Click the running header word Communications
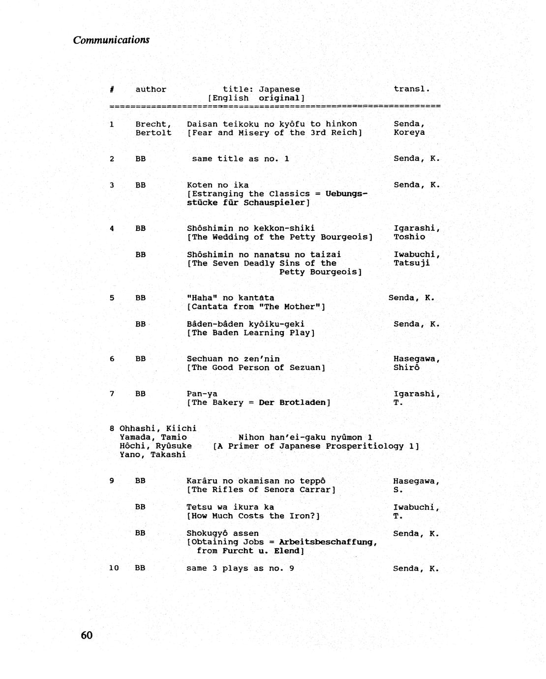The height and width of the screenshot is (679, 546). pyautogui.click(x=111, y=40)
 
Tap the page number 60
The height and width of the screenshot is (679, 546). pyautogui.click(x=87, y=635)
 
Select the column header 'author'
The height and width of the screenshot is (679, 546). pyautogui.click(x=151, y=90)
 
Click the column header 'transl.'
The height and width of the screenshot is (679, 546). pyautogui.click(x=412, y=89)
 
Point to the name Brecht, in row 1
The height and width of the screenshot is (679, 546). pyautogui.click(x=153, y=124)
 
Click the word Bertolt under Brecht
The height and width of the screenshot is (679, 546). pyautogui.click(x=153, y=133)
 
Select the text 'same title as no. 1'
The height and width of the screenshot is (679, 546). pyautogui.click(x=241, y=159)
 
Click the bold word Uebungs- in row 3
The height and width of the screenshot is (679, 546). pyautogui.click(x=347, y=194)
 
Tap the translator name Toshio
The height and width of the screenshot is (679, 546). pyautogui.click(x=409, y=237)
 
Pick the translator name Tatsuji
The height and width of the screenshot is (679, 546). pyautogui.click(x=412, y=263)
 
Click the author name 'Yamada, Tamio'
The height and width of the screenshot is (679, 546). pyautogui.click(x=153, y=437)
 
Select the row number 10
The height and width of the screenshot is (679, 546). pyautogui.click(x=114, y=568)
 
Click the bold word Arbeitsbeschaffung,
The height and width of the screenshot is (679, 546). pyautogui.click(x=328, y=542)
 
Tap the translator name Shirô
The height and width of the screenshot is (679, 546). pyautogui.click(x=406, y=368)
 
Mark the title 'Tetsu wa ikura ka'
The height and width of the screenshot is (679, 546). pyautogui.click(x=230, y=507)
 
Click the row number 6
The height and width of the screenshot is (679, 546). pyautogui.click(x=112, y=359)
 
